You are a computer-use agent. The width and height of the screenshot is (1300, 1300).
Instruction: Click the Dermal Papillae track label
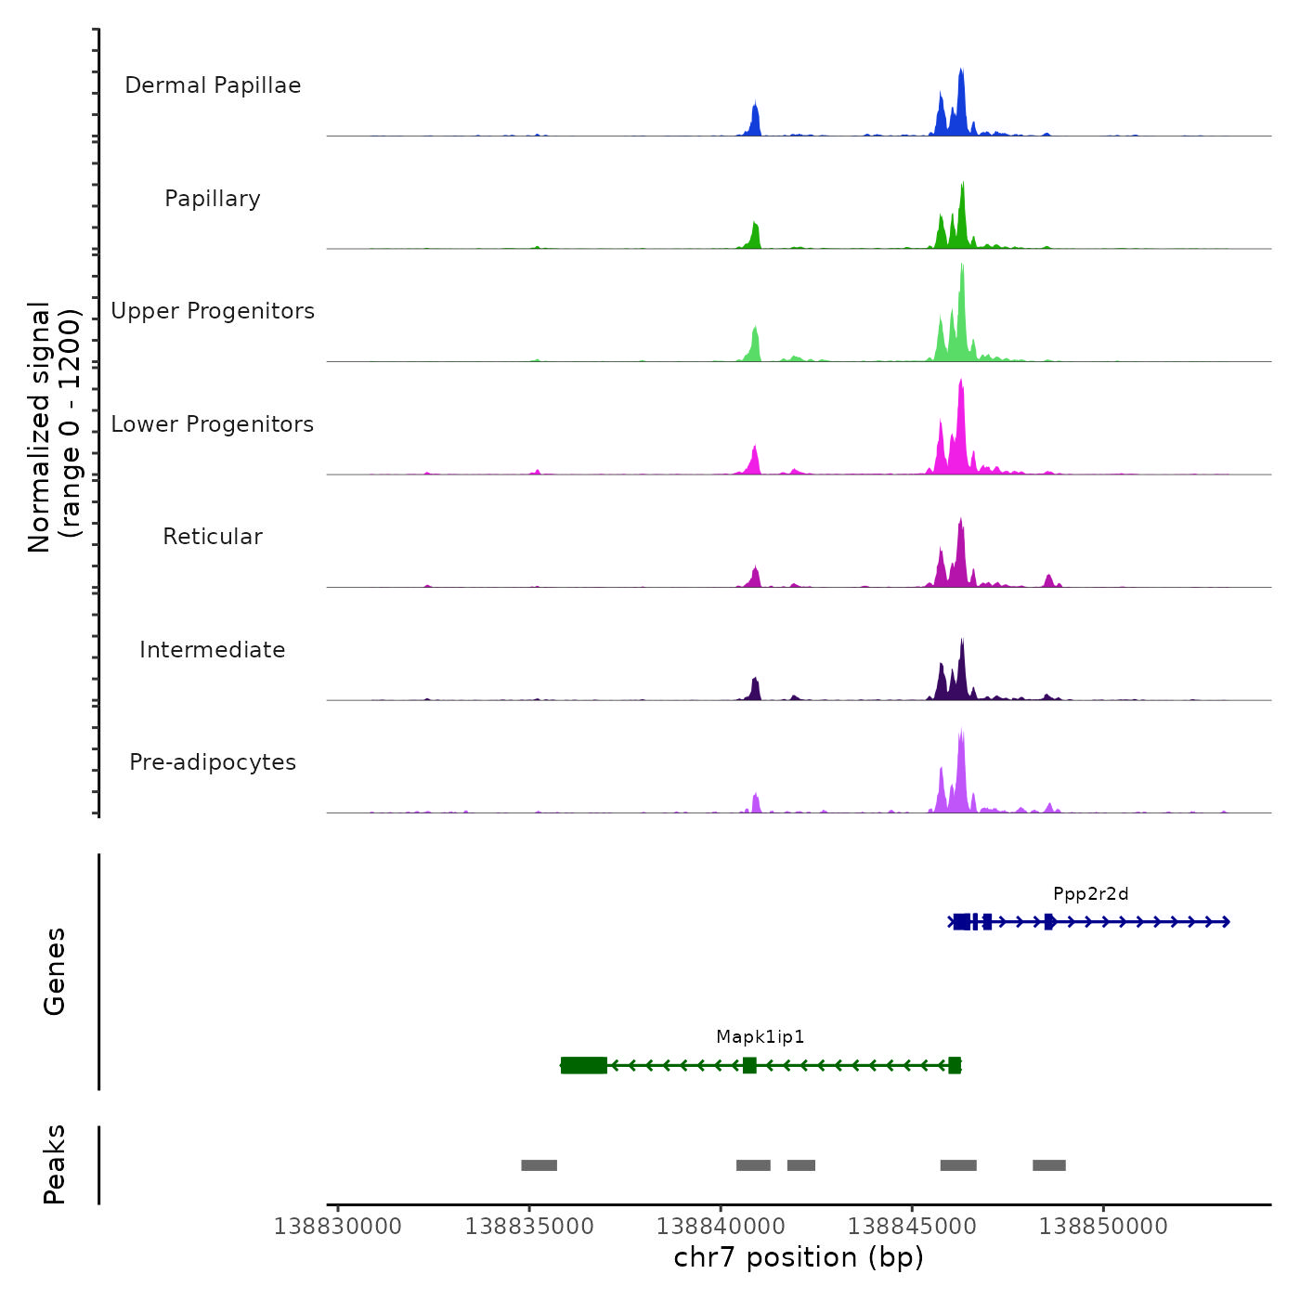point(213,85)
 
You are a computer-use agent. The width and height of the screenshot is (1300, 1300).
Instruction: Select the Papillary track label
point(213,199)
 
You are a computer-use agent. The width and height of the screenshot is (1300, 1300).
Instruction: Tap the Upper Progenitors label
point(213,311)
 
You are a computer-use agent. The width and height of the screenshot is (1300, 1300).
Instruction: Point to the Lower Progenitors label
point(213,424)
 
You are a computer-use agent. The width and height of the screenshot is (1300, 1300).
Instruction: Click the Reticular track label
point(213,537)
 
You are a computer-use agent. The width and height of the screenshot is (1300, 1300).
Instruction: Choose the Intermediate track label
point(213,650)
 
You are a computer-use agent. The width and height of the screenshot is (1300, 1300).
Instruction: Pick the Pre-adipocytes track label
point(213,762)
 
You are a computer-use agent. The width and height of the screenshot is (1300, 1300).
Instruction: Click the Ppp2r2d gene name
point(1090,894)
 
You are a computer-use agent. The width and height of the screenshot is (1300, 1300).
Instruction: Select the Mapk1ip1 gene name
point(760,1037)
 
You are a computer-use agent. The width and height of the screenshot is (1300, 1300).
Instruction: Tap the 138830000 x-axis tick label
point(338,1227)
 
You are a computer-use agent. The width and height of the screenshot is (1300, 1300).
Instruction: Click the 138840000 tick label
point(721,1227)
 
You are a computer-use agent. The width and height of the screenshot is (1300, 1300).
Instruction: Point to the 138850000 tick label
point(1103,1227)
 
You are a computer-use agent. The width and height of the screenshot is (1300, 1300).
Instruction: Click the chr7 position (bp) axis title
point(799,1258)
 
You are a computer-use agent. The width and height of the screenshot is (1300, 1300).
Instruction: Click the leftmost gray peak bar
point(539,1165)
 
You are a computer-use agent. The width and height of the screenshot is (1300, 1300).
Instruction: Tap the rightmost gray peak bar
point(1048,1165)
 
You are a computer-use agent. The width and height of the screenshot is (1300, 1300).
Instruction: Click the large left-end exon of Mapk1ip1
point(584,1065)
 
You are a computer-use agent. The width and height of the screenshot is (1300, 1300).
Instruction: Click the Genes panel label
point(55,971)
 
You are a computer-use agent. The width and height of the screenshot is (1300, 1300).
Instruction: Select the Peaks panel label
point(55,1164)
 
